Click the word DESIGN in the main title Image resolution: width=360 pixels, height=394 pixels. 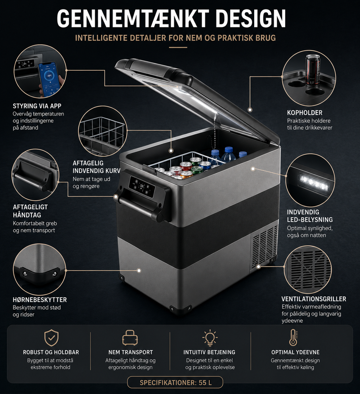[251, 18]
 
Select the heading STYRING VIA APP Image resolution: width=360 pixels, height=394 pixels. [37, 106]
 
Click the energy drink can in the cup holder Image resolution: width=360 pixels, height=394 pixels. [313, 70]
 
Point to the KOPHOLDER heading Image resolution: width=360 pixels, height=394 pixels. [305, 113]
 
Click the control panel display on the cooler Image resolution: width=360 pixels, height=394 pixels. [142, 187]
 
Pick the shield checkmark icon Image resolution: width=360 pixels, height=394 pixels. [51, 338]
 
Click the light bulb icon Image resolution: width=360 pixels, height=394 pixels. [210, 338]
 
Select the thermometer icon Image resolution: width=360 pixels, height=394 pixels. [293, 337]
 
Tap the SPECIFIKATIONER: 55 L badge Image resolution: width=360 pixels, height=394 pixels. [175, 382]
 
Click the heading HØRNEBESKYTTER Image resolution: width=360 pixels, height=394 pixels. [40, 300]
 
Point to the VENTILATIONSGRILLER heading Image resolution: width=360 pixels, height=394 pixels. [314, 299]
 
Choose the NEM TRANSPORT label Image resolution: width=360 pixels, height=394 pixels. [130, 352]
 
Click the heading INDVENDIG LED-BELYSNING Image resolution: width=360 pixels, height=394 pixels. [310, 216]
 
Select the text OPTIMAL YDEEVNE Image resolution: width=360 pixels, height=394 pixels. [295, 352]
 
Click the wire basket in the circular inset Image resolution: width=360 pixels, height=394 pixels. [102, 133]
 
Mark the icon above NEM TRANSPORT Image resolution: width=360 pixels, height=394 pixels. [130, 337]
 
